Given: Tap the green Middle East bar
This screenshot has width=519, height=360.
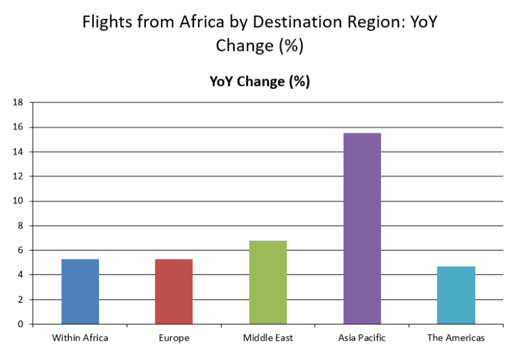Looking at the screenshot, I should point(267,282).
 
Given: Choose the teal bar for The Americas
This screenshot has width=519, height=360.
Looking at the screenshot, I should point(456,295).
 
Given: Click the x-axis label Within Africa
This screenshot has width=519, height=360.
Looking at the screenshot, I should point(80,337).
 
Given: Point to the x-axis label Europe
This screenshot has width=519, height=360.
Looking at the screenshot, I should point(173,337).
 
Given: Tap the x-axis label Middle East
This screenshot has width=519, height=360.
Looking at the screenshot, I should point(267,337).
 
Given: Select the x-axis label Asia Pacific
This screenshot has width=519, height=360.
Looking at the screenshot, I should point(362,337).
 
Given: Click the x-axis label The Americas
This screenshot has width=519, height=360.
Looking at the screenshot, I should point(456,337).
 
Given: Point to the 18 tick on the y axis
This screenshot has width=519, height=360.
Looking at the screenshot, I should point(18,102).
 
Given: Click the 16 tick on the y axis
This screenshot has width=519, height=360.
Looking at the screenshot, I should point(18,127).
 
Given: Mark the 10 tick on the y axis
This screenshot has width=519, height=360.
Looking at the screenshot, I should point(18,201).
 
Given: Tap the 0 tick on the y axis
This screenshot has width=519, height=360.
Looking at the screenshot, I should point(21,324).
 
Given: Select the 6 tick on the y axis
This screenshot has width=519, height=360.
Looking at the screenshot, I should point(21,250).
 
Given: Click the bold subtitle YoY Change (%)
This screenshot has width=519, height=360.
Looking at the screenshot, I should point(259,82).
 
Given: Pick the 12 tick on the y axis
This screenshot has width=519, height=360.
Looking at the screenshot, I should point(18,176).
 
